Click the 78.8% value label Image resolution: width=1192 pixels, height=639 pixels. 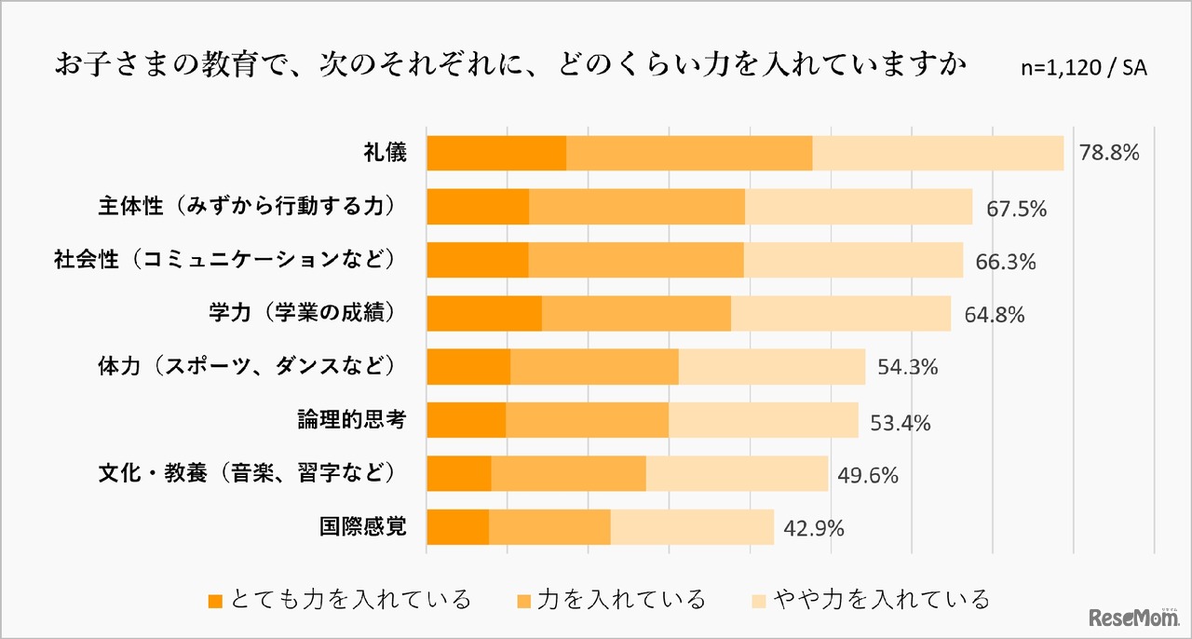(x=1108, y=153)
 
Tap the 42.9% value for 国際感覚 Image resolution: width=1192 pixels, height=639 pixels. (x=814, y=529)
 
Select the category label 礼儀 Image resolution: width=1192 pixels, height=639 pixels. (x=385, y=153)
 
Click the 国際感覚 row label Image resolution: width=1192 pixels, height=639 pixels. (x=362, y=528)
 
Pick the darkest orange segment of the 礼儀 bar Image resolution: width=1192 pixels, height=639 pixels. (x=496, y=153)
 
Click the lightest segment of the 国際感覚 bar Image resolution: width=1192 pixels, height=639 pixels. (x=692, y=527)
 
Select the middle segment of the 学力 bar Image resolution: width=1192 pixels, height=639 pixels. (x=636, y=314)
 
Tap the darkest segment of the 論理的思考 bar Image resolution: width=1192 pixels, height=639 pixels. (x=466, y=420)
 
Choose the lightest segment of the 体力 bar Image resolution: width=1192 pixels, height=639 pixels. (x=772, y=367)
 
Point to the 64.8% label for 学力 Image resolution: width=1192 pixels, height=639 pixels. (x=995, y=315)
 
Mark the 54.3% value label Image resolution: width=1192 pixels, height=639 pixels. (x=907, y=367)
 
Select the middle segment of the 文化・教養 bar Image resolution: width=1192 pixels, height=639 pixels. (x=568, y=474)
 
